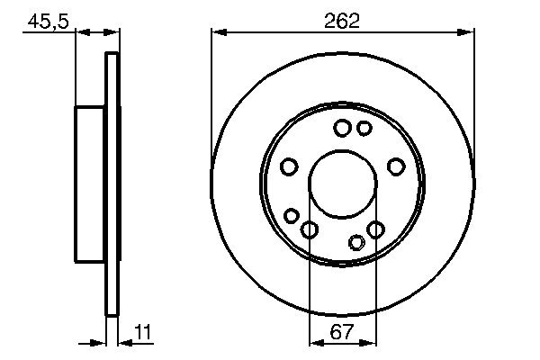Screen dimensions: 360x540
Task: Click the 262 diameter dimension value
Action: point(342,21)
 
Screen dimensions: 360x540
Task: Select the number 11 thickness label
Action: point(141,332)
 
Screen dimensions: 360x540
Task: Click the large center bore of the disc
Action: point(342,185)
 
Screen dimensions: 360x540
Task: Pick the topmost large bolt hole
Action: point(342,129)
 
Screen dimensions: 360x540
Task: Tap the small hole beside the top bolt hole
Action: point(364,129)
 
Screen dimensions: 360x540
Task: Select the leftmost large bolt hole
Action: point(289,166)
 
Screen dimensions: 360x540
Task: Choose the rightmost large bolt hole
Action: point(395,166)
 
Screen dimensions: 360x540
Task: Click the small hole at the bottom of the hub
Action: point(357,241)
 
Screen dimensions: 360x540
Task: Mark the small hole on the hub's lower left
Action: point(292,215)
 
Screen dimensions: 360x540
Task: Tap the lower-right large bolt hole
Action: point(375,229)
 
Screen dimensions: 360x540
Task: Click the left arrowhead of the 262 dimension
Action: point(216,32)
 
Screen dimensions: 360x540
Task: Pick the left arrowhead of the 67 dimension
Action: point(314,342)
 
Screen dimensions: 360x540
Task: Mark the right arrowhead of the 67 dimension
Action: point(371,342)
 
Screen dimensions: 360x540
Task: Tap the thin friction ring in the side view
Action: point(112,184)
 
